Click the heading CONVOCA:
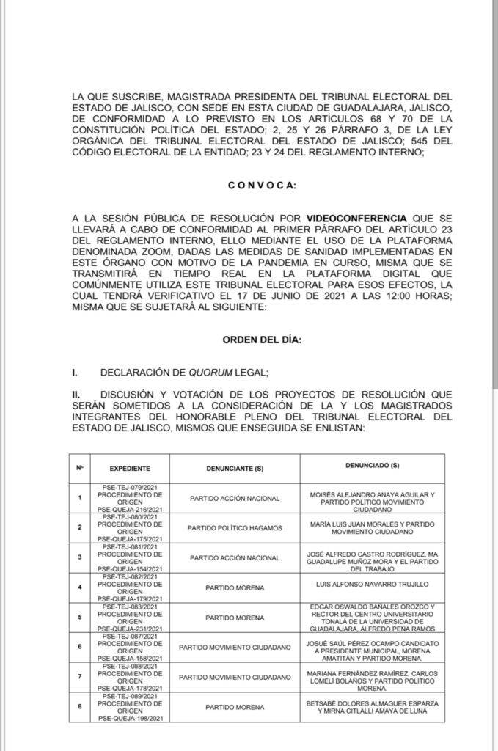(262, 186)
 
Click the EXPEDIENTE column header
(130, 467)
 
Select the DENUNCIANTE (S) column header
(234, 468)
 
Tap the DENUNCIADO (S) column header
(372, 466)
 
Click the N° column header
(80, 467)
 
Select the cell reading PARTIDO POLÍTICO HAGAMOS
(234, 527)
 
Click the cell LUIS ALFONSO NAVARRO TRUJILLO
(372, 585)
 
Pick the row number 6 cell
(80, 646)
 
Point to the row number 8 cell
(80, 706)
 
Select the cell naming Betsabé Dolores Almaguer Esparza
(372, 706)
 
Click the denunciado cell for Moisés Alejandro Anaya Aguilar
(372, 499)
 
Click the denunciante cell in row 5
(234, 618)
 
